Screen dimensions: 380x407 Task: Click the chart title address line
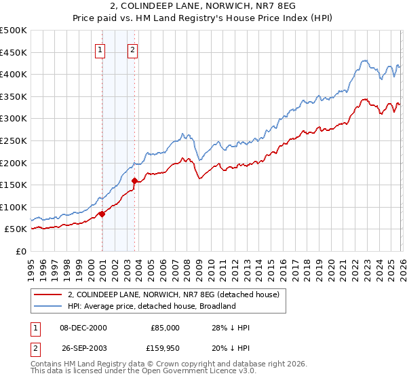pyautogui.click(x=203, y=7)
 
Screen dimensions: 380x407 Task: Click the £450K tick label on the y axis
pyautogui.click(x=14, y=52)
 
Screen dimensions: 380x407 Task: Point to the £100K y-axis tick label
pyautogui.click(x=14, y=207)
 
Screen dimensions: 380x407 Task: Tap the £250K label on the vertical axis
pyautogui.click(x=14, y=140)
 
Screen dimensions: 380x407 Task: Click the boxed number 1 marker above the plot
pyautogui.click(x=100, y=49)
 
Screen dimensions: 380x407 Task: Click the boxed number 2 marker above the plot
pyautogui.click(x=132, y=49)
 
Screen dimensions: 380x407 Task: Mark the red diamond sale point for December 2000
pyautogui.click(x=102, y=214)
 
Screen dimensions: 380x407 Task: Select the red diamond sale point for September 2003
pyautogui.click(x=135, y=180)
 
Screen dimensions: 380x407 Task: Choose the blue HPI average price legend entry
pyautogui.click(x=151, y=306)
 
